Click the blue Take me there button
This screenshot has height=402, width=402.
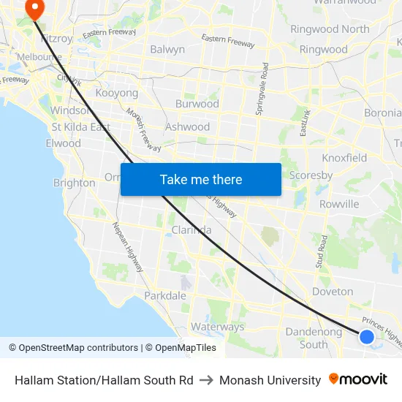(200, 179)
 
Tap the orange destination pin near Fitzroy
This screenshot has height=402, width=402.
(34, 8)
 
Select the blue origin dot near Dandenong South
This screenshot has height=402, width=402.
(367, 336)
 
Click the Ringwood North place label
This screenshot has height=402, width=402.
(330, 29)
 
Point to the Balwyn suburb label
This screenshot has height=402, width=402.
(167, 50)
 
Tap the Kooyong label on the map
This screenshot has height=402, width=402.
(117, 94)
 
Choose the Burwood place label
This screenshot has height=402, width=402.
(197, 104)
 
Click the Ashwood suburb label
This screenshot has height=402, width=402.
(188, 126)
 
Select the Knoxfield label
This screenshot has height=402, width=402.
(344, 158)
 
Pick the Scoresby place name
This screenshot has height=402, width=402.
(311, 175)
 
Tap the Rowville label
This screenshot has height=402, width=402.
(339, 204)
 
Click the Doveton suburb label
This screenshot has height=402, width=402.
(333, 292)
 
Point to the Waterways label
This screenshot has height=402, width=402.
(217, 327)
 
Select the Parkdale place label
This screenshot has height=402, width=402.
(164, 296)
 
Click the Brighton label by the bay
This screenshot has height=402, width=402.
(74, 183)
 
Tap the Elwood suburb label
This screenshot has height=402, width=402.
(63, 143)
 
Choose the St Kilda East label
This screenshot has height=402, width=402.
(80, 127)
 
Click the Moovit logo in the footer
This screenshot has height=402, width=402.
(357, 379)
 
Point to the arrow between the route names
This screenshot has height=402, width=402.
(206, 380)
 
